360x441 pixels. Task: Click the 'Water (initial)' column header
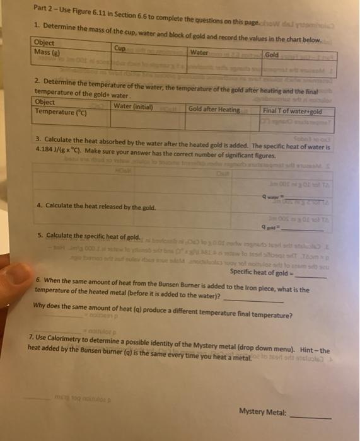tap(134, 105)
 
